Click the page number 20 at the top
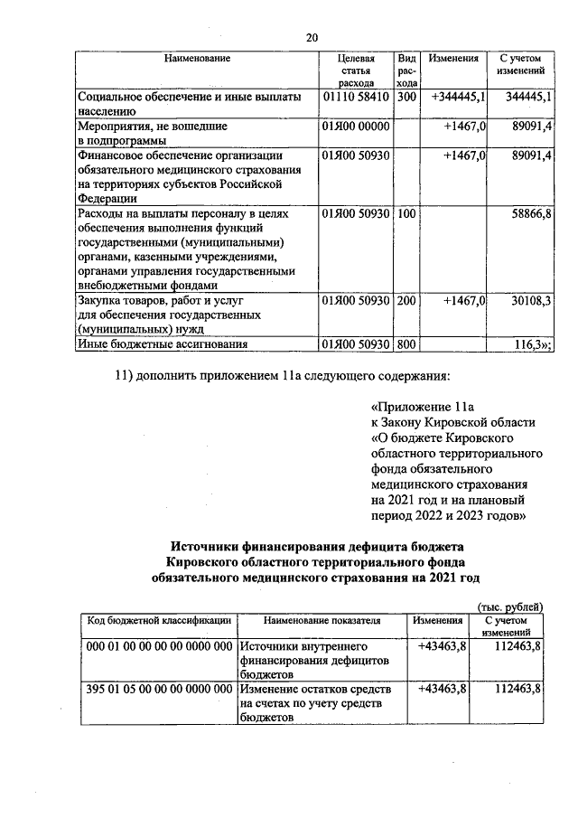pyautogui.click(x=312, y=37)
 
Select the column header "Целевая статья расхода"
pyautogui.click(x=357, y=71)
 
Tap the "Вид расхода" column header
pyautogui.click(x=407, y=71)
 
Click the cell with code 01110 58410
pyautogui.click(x=355, y=95)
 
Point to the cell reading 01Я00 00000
pyautogui.click(x=355, y=127)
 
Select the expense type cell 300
pyautogui.click(x=406, y=95)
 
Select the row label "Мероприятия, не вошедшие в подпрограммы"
pyautogui.click(x=152, y=134)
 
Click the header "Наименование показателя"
pyautogui.click(x=322, y=622)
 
